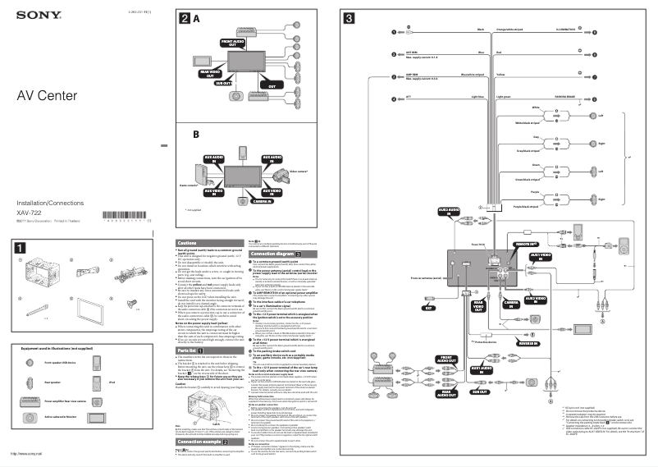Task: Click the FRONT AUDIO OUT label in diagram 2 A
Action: pyautogui.click(x=233, y=42)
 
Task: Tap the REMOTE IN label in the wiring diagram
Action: pyautogui.click(x=526, y=245)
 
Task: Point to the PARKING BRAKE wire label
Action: pyautogui.click(x=565, y=99)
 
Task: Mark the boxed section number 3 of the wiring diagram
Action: pyautogui.click(x=350, y=18)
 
